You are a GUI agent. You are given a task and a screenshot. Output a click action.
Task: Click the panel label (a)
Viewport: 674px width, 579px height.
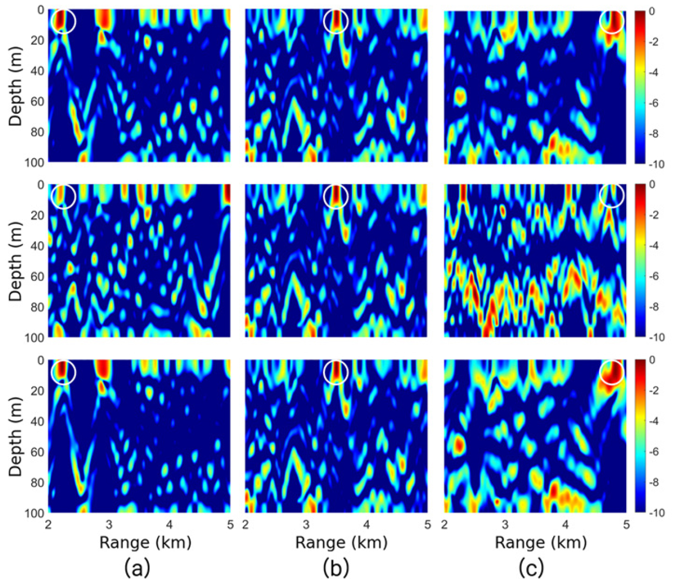pyautogui.click(x=137, y=568)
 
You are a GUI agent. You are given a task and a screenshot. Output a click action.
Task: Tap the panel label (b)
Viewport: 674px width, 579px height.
pyautogui.click(x=336, y=568)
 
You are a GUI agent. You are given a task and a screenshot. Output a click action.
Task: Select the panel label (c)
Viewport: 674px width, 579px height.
pyautogui.click(x=532, y=568)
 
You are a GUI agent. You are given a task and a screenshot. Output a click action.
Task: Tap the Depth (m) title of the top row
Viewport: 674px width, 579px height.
pyautogui.click(x=15, y=86)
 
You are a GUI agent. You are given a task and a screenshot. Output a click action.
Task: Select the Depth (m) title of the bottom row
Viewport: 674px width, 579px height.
pyautogui.click(x=15, y=436)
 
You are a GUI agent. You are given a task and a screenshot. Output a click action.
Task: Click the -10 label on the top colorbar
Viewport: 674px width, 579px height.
pyautogui.click(x=656, y=165)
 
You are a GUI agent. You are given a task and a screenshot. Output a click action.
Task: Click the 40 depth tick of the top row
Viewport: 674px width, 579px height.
pyautogui.click(x=37, y=71)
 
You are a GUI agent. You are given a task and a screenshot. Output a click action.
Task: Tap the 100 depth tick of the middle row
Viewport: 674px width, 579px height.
pyautogui.click(x=34, y=338)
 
